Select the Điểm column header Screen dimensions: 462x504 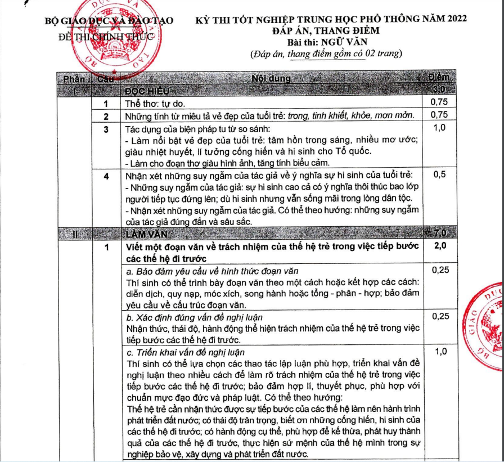(x=438, y=78)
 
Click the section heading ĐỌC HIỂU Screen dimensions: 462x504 (x=147, y=91)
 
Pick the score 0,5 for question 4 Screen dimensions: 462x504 (x=438, y=174)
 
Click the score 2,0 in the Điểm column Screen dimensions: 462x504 (x=438, y=247)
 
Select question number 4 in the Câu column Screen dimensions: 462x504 (x=105, y=176)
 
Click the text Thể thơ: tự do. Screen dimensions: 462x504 (x=155, y=104)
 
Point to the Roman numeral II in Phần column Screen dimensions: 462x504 (x=75, y=234)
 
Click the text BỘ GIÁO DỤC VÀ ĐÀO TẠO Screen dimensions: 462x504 (x=109, y=21)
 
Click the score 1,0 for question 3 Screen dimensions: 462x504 (x=438, y=128)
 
